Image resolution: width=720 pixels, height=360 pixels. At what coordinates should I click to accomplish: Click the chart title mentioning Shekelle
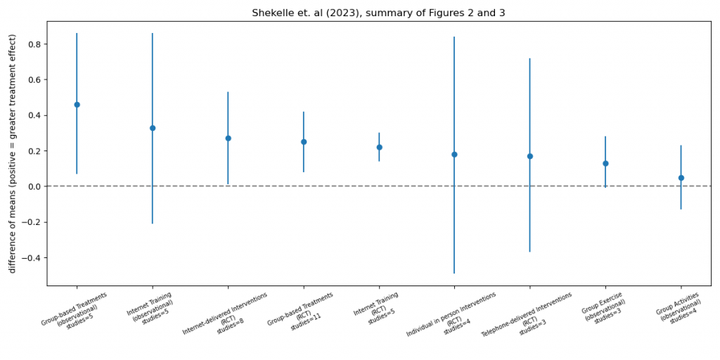[x=378, y=13]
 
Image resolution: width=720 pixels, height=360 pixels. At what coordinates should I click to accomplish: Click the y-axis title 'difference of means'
[x=12, y=153]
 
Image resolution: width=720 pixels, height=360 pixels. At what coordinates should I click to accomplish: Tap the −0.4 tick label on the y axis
[x=31, y=258]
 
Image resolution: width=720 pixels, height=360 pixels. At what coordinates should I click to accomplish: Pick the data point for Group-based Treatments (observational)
[x=77, y=105]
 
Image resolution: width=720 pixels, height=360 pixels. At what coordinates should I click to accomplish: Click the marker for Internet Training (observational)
[x=153, y=128]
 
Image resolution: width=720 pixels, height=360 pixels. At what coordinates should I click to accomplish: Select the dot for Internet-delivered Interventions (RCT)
[x=228, y=139]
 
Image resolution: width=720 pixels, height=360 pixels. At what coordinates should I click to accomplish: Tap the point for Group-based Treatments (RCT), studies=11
[x=304, y=142]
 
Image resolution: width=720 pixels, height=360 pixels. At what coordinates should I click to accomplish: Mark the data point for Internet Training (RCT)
[x=379, y=148]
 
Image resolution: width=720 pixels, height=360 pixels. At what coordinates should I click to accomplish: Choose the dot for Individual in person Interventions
[x=454, y=155]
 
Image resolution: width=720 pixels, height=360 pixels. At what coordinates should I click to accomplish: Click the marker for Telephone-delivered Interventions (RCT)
[x=529, y=156]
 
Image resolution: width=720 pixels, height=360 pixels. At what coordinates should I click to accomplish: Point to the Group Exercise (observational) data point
[x=605, y=163]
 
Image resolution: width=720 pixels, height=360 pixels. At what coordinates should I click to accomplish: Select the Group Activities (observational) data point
[x=681, y=178]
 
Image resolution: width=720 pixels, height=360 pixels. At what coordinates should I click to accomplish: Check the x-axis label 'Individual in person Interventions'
[x=451, y=314]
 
